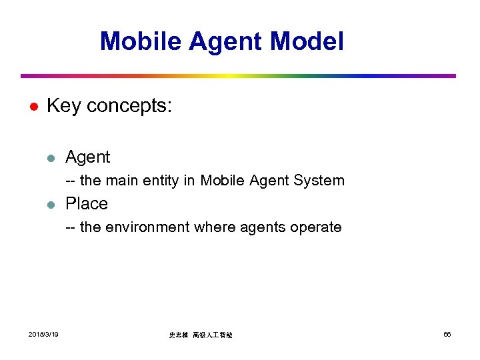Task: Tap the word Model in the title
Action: pos(307,41)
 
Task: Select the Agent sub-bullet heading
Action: pos(87,158)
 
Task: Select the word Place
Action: pos(87,203)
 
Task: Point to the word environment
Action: pos(147,227)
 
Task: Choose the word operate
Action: pos(316,228)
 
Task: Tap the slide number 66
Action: pos(447,334)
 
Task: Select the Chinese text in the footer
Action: pos(200,335)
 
